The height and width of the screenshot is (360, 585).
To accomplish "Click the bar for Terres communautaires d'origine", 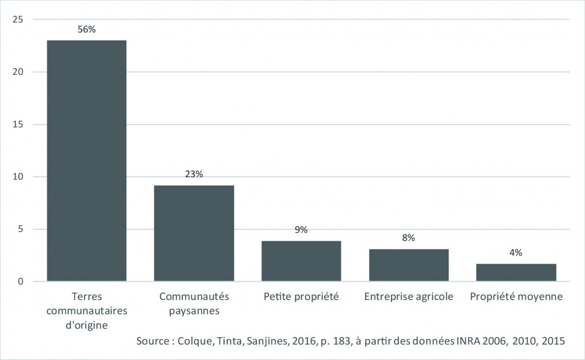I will coord(86,161).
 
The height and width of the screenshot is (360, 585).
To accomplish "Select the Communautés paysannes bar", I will coord(194,233).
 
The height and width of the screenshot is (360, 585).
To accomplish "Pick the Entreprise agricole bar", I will coord(408,265).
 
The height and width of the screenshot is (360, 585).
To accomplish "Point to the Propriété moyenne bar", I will coord(516,273).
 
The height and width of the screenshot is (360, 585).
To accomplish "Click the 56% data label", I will coord(86,29).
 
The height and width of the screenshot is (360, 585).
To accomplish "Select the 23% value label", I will coord(194,174).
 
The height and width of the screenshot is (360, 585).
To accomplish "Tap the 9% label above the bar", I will coord(301,230).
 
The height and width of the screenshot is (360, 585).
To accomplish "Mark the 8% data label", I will coord(408,238).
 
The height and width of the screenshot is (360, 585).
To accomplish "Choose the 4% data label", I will coord(516,253).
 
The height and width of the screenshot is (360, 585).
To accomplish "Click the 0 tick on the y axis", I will coord(20,282).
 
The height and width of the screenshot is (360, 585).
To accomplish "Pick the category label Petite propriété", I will coord(301,297).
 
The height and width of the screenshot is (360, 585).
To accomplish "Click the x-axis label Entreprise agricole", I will coord(408,297).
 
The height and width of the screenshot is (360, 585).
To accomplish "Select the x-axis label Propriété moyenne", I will coord(516,297).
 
